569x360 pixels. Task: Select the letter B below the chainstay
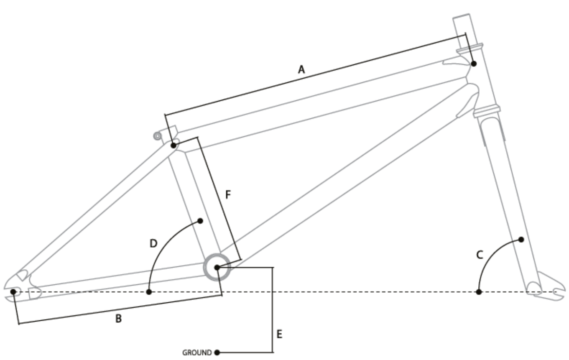(x=118, y=319)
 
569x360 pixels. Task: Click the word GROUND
(x=197, y=353)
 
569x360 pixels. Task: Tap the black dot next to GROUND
(x=217, y=352)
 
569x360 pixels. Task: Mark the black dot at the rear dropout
(x=13, y=291)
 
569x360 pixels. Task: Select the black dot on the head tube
(x=474, y=64)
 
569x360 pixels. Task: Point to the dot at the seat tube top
(x=173, y=146)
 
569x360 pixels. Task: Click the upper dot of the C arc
(x=521, y=240)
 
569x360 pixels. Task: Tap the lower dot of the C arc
(x=479, y=291)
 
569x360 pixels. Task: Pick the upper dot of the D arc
(x=200, y=220)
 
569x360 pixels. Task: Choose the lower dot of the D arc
(x=149, y=291)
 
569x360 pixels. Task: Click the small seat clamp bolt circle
(x=157, y=135)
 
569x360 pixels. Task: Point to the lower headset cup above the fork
(x=487, y=111)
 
